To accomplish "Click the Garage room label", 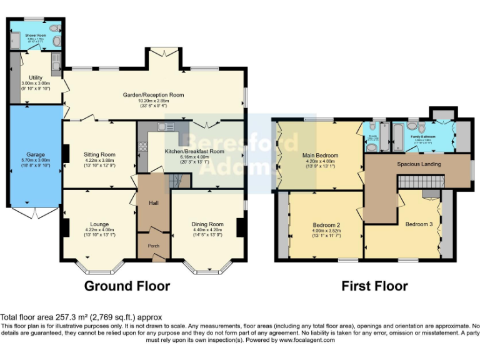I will pyautogui.click(x=35, y=154).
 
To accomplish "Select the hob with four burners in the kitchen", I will pyautogui.click(x=142, y=147).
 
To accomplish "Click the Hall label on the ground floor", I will pyautogui.click(x=153, y=203).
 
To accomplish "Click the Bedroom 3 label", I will pyautogui.click(x=418, y=224).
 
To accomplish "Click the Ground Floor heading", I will pyautogui.click(x=127, y=286).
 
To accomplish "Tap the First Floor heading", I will pyautogui.click(x=374, y=286).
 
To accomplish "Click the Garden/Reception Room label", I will pyautogui.click(x=153, y=95).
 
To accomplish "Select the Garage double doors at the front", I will pyautogui.click(x=35, y=213).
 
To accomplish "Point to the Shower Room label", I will pyautogui.click(x=36, y=36).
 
